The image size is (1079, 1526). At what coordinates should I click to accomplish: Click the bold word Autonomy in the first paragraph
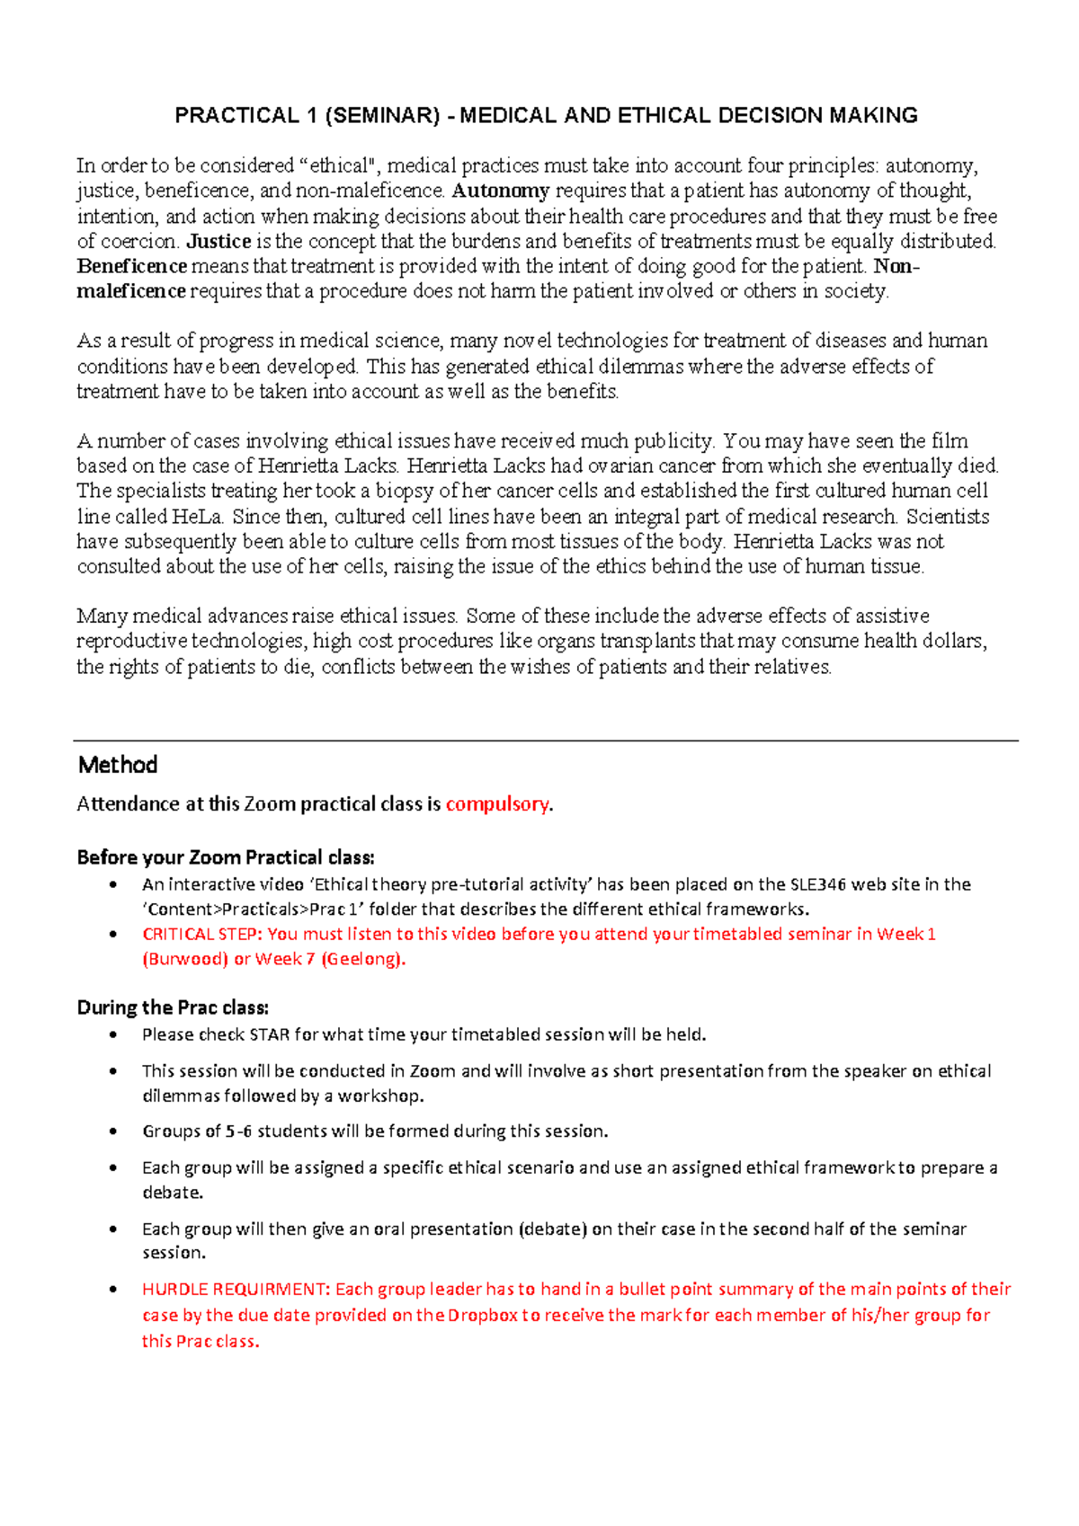point(500,191)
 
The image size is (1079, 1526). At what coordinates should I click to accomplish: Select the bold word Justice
point(218,241)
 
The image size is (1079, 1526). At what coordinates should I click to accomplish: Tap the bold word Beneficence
point(131,266)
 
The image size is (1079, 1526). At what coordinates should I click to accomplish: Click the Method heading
point(118,765)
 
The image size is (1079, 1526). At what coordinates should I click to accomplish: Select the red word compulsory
point(496,804)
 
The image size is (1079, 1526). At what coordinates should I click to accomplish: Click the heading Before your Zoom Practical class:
point(225,857)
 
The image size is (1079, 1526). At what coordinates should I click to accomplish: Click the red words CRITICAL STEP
point(201,935)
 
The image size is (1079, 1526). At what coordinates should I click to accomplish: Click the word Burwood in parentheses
point(186,959)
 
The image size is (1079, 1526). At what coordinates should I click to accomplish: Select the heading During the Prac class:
point(173,1007)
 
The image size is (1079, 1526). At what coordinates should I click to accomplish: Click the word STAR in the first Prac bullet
point(269,1035)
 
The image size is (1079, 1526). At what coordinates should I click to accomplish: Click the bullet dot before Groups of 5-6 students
point(112,1131)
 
